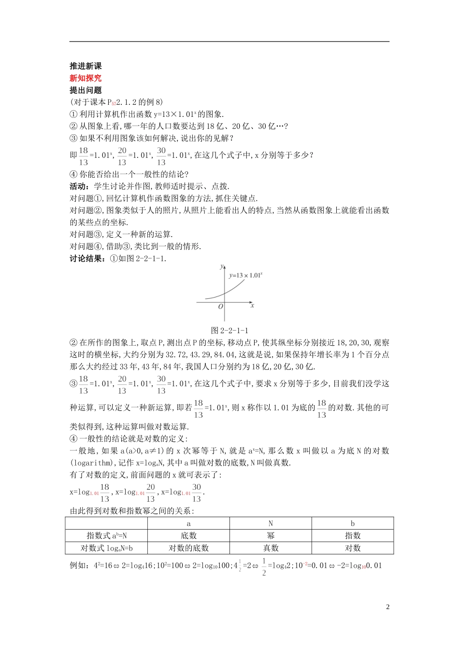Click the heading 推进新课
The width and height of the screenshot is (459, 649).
(86, 66)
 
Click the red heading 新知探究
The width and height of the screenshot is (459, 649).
(86, 78)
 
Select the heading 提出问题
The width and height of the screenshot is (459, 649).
(86, 90)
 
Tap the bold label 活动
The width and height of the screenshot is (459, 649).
(78, 186)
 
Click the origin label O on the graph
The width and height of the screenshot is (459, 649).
(220, 307)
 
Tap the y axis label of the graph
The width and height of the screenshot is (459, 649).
(221, 266)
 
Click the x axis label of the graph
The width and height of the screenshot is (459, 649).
(252, 305)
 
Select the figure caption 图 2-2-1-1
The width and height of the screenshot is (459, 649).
(229, 331)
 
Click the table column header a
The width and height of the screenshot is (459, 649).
(188, 523)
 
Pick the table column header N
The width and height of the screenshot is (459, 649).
(271, 523)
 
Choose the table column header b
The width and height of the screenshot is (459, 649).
(353, 523)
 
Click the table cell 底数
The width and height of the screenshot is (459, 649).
(188, 536)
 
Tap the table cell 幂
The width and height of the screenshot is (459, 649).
(271, 536)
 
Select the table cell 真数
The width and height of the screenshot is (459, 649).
(271, 548)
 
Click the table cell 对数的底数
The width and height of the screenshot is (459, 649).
(188, 548)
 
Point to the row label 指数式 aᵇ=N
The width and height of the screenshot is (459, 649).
(106, 536)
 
